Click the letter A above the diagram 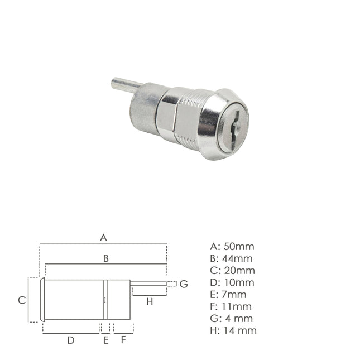click(x=103, y=238)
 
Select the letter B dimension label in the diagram click(x=105, y=258)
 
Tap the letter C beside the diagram click(x=22, y=300)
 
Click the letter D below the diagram click(x=71, y=340)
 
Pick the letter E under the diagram click(x=105, y=340)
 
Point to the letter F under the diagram click(x=123, y=340)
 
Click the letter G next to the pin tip click(x=184, y=284)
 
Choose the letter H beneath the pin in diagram click(x=149, y=303)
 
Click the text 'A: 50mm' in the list click(x=232, y=246)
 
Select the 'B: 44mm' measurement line click(x=232, y=258)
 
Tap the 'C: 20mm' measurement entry click(x=232, y=271)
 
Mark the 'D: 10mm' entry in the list click(x=232, y=282)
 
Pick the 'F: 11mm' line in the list click(x=231, y=306)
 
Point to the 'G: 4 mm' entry click(x=232, y=319)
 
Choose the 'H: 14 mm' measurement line click(x=233, y=330)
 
